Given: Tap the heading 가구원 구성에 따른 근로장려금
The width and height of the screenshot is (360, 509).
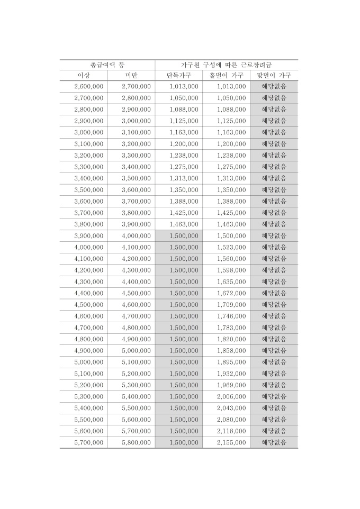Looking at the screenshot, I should pos(226,64).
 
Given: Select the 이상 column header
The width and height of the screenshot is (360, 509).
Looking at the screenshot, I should pos(84,75).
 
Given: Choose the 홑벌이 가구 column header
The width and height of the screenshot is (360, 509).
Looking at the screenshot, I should pos(226,75).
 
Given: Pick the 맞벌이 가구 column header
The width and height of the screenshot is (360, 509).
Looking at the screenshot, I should pos(274,75).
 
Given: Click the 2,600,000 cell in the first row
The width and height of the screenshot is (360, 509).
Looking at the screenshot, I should pos(89,86).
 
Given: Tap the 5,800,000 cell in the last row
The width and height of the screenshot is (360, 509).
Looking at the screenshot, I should pos(136,442).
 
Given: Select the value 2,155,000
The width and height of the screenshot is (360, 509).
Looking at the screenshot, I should pos(231,442).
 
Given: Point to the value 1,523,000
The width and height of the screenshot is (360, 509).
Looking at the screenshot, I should pos(231,247).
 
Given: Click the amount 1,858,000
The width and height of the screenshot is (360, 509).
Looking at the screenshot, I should pos(231,351).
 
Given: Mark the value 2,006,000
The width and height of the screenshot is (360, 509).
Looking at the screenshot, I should pos(231,396).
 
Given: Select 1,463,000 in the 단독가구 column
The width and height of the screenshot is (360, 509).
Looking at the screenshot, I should pos(184,224).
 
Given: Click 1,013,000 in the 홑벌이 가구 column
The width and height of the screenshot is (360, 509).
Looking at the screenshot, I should pos(231,86).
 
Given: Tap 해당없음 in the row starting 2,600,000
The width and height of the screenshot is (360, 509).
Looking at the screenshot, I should pos(274,86).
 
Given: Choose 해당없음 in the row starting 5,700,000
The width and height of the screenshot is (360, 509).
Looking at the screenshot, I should pos(274,442).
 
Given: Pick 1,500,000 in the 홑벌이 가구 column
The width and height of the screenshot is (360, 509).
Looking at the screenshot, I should pos(231,235).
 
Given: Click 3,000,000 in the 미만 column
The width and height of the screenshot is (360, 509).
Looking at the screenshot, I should pos(136,121).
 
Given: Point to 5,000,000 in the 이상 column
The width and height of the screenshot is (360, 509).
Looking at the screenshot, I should pos(89,362).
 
